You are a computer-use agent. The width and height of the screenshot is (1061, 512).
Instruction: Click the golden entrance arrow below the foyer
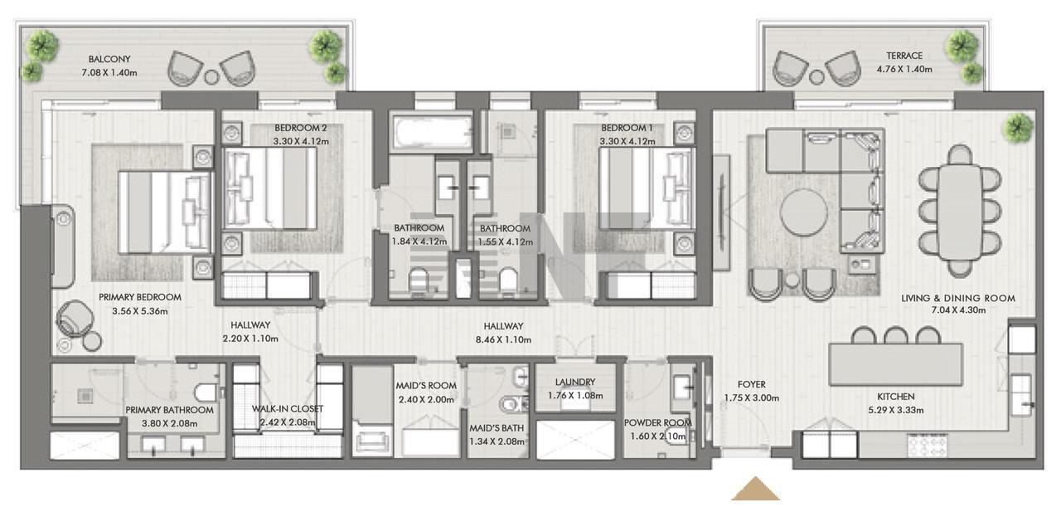(x=755, y=490)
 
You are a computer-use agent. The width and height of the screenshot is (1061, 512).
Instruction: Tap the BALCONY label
(x=109, y=59)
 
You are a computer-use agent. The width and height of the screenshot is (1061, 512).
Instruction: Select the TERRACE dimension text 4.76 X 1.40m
(x=904, y=69)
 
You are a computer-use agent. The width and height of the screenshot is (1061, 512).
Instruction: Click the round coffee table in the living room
(x=803, y=212)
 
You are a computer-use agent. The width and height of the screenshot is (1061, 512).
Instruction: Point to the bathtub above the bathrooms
(x=432, y=132)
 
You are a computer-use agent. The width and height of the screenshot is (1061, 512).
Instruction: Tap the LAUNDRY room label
(x=575, y=382)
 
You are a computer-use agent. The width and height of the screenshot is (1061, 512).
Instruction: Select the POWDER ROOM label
(x=657, y=422)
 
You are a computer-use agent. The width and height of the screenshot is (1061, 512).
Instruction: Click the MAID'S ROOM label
(x=426, y=386)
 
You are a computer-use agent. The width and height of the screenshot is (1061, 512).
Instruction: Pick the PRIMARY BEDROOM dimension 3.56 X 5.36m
(x=140, y=311)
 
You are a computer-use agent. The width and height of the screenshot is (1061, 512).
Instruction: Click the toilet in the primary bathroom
(x=206, y=393)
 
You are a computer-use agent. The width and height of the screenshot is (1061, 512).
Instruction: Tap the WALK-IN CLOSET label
(x=288, y=408)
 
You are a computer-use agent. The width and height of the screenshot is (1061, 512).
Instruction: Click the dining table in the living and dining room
(x=960, y=211)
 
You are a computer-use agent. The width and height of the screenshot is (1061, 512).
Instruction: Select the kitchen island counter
(x=896, y=364)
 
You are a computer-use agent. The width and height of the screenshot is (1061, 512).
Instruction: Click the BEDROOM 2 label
(x=301, y=128)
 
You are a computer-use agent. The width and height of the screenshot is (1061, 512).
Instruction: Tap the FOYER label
(x=751, y=384)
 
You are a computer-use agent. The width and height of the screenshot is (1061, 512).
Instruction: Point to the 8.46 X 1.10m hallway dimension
(x=503, y=340)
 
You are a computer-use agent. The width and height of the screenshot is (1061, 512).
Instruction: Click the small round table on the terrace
(x=816, y=77)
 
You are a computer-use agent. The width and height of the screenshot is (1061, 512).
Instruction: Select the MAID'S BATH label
(x=497, y=428)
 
